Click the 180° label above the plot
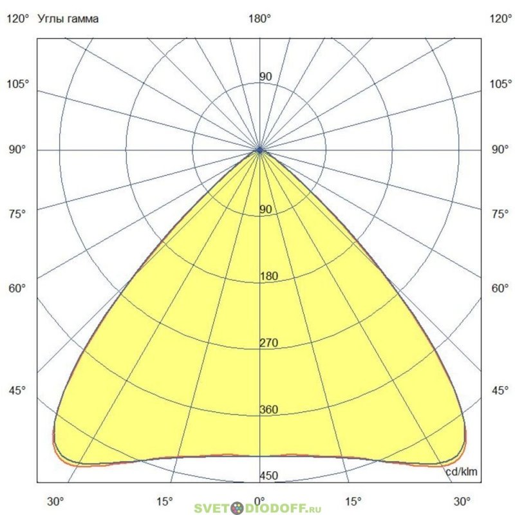(x=259, y=19)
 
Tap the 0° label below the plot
(x=259, y=501)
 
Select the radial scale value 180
(x=268, y=276)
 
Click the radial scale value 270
(x=268, y=343)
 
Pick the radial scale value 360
(x=268, y=410)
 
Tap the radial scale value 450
(x=268, y=476)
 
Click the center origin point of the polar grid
(x=259, y=150)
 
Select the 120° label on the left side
(x=17, y=19)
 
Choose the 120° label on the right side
(x=500, y=19)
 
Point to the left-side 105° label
(x=17, y=84)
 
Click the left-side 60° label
(x=17, y=288)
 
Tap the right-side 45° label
(x=500, y=391)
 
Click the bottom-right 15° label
(x=353, y=501)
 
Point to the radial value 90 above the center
(x=265, y=77)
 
